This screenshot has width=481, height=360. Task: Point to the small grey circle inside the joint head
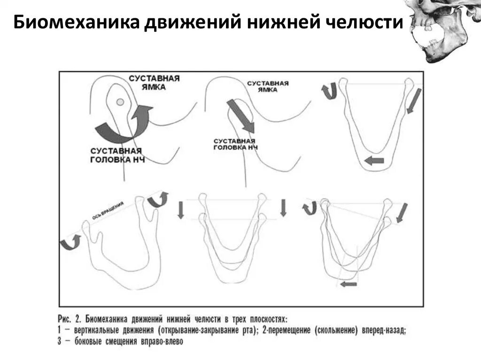pos(120,102)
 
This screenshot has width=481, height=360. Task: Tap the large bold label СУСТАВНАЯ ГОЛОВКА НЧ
pos(116,155)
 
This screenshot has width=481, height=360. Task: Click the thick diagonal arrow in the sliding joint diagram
pos(240,115)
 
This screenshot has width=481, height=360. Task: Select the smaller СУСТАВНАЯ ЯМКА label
pos(268,87)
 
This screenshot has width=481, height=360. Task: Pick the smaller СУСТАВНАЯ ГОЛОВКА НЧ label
pos(234,144)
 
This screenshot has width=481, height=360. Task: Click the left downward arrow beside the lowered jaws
pos(181,209)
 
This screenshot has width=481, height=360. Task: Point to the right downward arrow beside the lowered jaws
pos(283,208)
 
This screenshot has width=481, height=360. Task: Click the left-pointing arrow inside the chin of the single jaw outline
pos(374,161)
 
